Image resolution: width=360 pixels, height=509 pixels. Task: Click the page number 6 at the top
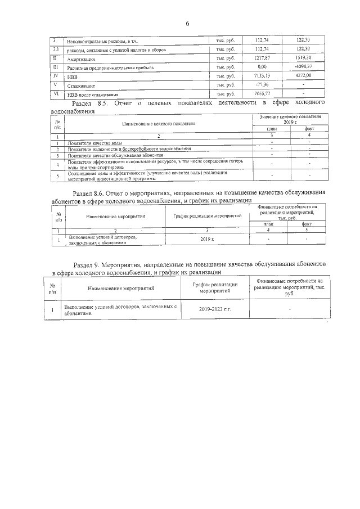point(187,23)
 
